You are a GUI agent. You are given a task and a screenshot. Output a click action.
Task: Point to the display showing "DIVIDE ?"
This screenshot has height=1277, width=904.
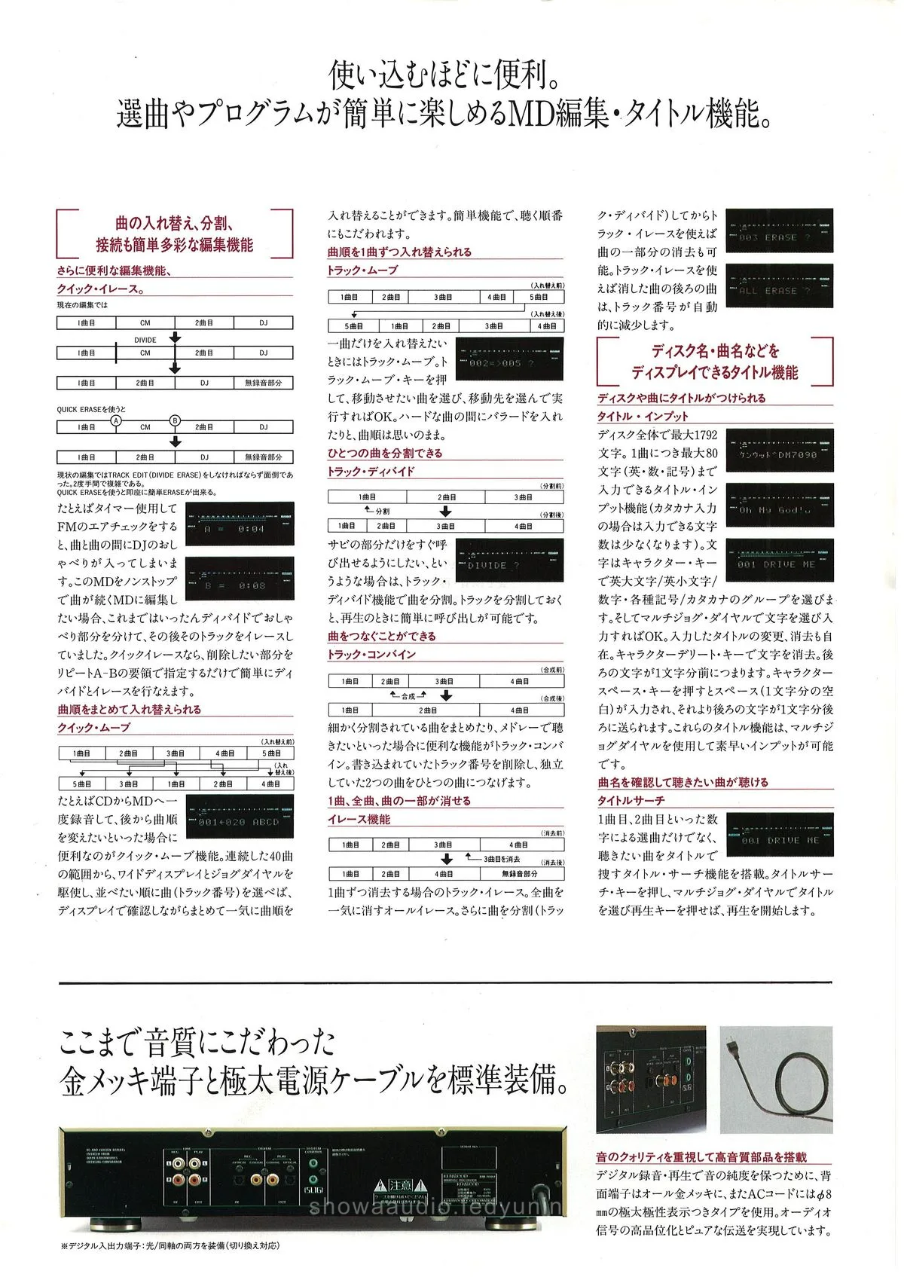(x=509, y=560)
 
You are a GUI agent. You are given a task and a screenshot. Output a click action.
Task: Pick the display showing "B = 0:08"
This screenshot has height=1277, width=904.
(x=240, y=579)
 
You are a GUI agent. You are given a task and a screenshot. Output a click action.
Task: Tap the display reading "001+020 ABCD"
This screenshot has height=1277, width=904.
(x=240, y=817)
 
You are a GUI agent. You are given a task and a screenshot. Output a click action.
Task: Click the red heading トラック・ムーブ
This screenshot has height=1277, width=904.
(x=362, y=270)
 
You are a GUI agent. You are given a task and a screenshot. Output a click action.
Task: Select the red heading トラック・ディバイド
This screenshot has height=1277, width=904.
(x=371, y=472)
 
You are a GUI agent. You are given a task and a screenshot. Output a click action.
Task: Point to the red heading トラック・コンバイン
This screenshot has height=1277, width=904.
(x=371, y=655)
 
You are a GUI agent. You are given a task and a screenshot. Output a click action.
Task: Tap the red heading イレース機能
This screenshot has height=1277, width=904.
(x=359, y=820)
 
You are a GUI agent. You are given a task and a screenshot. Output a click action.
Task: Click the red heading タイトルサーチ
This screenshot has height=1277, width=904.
(x=631, y=801)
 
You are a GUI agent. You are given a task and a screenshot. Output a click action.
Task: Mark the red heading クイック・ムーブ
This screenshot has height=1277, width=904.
(x=94, y=728)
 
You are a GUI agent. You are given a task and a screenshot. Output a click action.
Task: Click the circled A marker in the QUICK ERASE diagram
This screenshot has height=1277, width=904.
(x=116, y=420)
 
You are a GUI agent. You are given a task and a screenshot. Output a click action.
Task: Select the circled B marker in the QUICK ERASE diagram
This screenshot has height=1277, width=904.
(x=175, y=420)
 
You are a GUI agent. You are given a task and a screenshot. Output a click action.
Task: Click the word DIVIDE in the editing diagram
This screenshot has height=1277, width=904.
(x=145, y=340)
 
